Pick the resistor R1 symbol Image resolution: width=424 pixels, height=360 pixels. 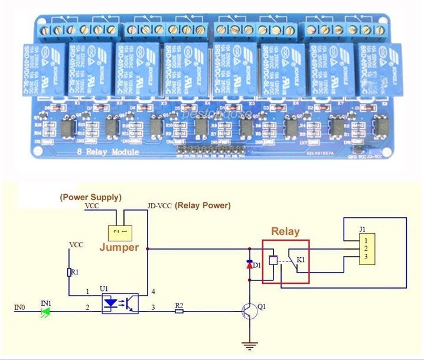[70, 272]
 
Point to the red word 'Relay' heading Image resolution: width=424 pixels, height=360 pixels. [285, 231]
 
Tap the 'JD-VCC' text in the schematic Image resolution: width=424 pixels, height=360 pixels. [159, 206]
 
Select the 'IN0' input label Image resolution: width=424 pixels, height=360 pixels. [19, 307]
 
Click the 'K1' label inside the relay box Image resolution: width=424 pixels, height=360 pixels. [301, 260]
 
